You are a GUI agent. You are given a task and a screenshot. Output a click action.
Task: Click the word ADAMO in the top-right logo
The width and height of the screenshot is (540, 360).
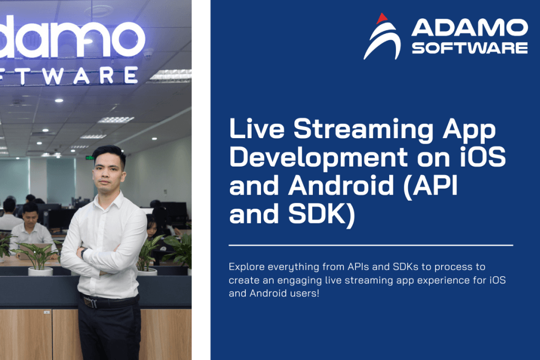coord(469,28)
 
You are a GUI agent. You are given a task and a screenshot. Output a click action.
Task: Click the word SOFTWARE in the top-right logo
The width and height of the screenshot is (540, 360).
coord(469,47)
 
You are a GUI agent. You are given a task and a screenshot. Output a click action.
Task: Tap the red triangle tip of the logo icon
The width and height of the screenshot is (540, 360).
coord(382,18)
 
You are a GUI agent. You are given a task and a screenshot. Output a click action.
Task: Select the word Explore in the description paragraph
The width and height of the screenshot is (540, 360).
coord(244,267)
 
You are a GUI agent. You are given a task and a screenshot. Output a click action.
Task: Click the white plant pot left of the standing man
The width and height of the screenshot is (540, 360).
coord(40,271)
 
